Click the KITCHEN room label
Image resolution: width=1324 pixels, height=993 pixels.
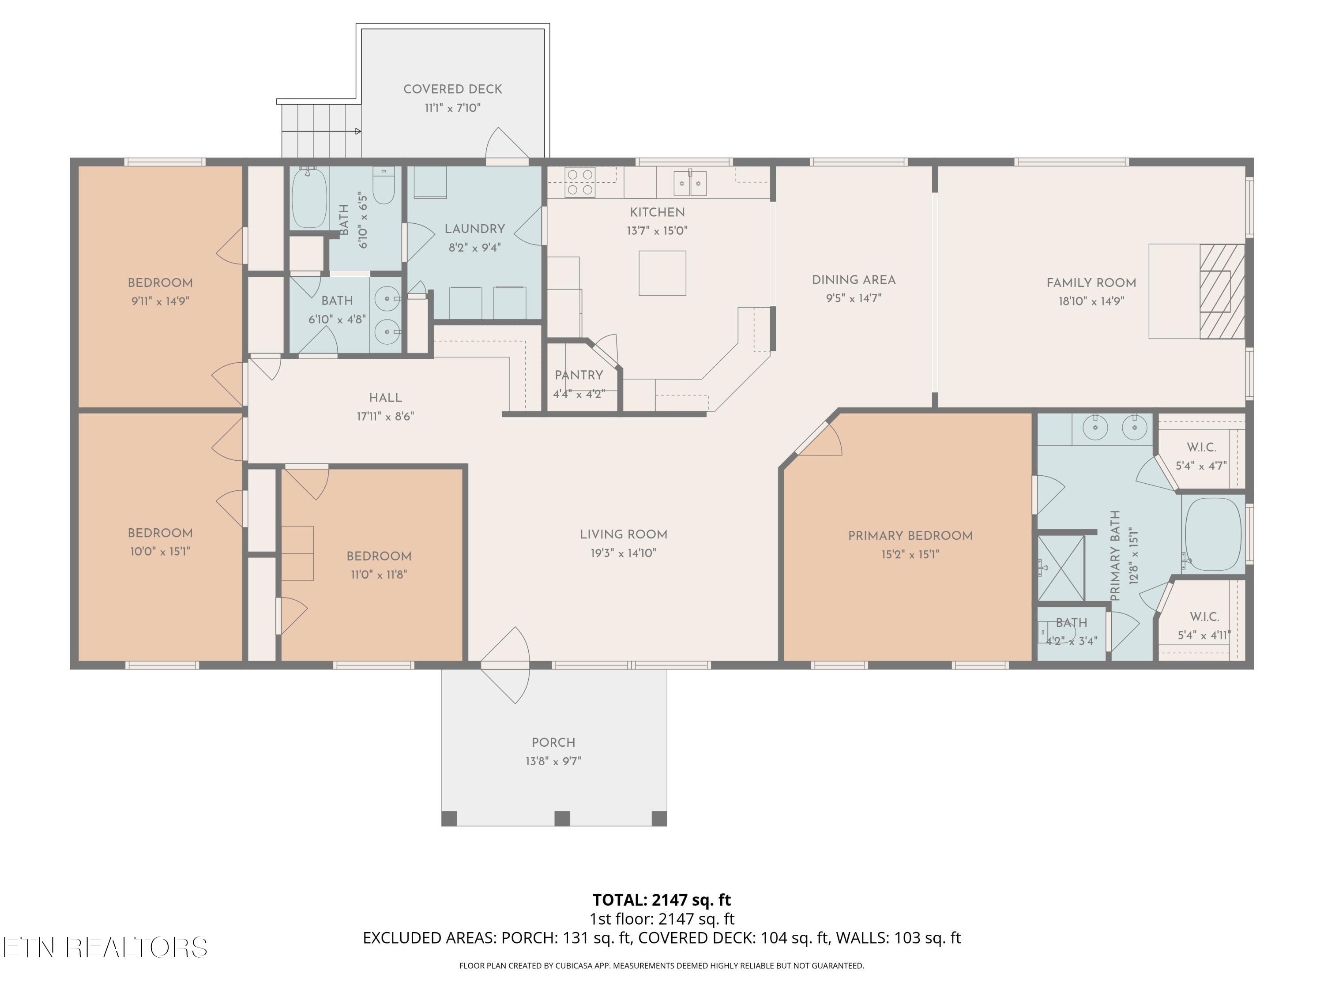pyautogui.click(x=657, y=212)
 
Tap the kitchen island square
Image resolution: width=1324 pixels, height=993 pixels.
pyautogui.click(x=662, y=273)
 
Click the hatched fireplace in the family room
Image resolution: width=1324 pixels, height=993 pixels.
pyautogui.click(x=1222, y=291)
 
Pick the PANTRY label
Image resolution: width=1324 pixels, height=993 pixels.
pyautogui.click(x=579, y=375)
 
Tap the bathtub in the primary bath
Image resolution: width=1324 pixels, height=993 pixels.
pyautogui.click(x=1213, y=534)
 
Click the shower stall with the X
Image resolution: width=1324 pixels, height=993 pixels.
pyautogui.click(x=1061, y=568)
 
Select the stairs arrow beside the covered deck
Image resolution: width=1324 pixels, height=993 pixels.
pyautogui.click(x=321, y=131)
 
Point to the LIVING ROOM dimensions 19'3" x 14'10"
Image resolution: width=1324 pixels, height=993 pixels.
pyautogui.click(x=623, y=553)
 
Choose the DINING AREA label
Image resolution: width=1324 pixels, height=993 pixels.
pyautogui.click(x=854, y=279)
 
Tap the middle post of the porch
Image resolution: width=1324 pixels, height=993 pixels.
pyautogui.click(x=562, y=818)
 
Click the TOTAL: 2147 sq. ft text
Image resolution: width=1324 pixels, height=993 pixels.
pyautogui.click(x=662, y=899)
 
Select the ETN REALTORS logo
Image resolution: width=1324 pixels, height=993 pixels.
pyautogui.click(x=105, y=948)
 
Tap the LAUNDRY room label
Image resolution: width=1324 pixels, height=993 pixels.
pyautogui.click(x=474, y=229)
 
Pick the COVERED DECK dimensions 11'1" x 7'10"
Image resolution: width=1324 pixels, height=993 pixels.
pyautogui.click(x=452, y=108)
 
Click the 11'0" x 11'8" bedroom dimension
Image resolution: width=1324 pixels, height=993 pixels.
pyautogui.click(x=379, y=575)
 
